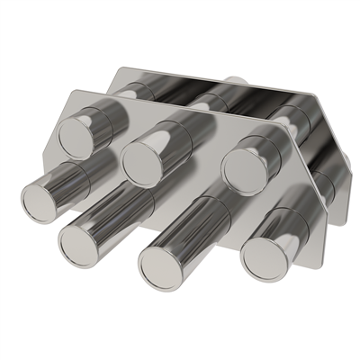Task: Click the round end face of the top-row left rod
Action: tap(76, 136)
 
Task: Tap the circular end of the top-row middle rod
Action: tap(144, 159)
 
